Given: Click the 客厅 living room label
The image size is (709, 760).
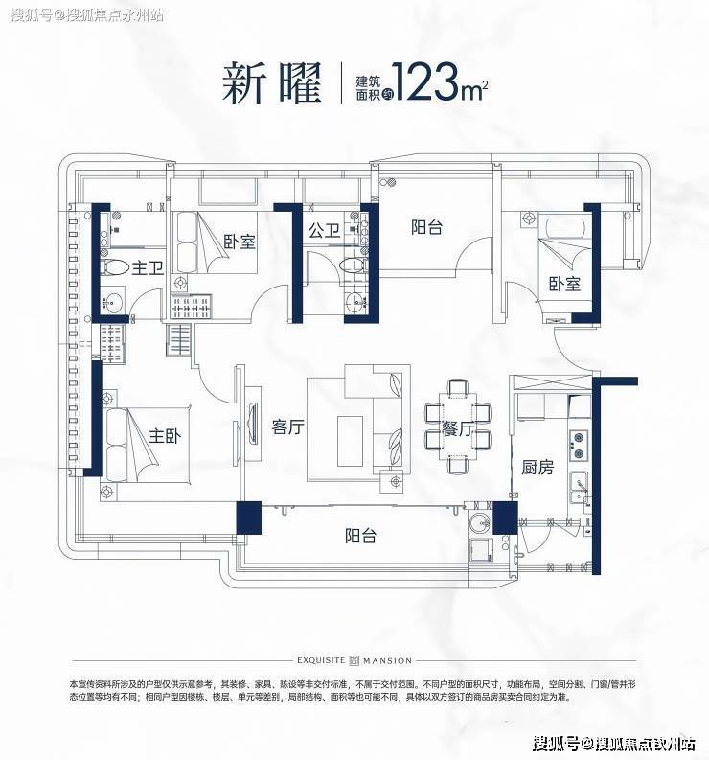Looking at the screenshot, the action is point(287,427).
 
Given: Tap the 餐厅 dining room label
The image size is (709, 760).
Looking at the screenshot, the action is point(457,428).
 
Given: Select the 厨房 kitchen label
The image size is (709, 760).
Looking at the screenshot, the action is point(537,468).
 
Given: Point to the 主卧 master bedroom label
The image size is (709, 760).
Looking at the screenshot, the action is point(165,436).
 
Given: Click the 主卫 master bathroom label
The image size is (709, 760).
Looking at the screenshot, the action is point(148,267).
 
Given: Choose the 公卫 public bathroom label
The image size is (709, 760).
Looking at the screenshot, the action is point(324,230).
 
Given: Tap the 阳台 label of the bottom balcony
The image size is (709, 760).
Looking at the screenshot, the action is point(360,536).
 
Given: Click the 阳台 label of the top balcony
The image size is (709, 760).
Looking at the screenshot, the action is point(427,227).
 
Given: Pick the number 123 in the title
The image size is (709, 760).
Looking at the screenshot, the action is point(427,82).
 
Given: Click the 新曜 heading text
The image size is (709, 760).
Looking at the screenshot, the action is point(272,82).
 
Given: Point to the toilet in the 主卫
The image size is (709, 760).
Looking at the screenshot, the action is point(114,267).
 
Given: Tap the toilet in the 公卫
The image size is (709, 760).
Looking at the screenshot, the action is point(352,265).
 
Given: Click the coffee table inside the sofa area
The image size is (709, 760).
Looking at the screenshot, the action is point(350,441).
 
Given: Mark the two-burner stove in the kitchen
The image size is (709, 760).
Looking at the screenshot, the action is point(578,445).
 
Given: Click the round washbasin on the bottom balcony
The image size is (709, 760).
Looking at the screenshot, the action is point(480,522).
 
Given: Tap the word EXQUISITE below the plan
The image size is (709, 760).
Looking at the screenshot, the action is point(321,660).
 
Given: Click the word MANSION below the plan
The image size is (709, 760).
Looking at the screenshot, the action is point(387,660).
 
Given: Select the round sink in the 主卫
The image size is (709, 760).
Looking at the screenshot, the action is point(113,303).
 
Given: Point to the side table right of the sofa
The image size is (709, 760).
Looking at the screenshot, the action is point(395,481).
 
